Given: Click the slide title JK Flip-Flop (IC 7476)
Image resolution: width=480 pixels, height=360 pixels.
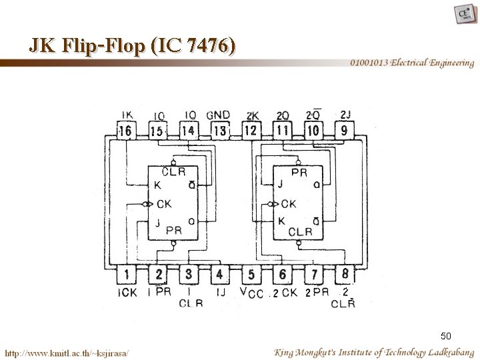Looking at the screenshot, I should coord(132,45).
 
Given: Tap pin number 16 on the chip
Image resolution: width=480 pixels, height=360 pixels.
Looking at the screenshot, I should coord(125,131).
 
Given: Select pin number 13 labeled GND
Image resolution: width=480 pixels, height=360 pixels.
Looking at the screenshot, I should coord(219,131).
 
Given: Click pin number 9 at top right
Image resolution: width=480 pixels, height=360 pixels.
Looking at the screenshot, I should coord(344,131).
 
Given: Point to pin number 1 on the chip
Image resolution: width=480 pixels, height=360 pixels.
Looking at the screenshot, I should coord(126,274).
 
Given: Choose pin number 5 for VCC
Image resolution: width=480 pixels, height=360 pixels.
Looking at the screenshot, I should coord(251,274).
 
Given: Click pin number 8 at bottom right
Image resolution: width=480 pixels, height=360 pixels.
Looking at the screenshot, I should coord(344,274).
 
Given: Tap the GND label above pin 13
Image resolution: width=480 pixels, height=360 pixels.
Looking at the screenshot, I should coord(218,115).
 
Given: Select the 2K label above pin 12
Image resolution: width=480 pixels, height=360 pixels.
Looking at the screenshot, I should coord(253,115).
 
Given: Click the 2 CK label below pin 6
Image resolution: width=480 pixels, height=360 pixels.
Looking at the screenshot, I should coord(285,292).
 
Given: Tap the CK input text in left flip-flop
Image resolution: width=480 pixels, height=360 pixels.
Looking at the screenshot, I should coord(164,204).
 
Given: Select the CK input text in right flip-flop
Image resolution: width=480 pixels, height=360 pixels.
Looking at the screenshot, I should coord(289,204).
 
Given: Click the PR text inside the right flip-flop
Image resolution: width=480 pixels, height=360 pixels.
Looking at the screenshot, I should coord(299,173).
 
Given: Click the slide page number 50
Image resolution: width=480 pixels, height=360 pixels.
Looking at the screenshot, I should coord(446,335).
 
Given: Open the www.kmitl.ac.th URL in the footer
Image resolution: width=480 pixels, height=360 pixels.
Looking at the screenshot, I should coord(67,351).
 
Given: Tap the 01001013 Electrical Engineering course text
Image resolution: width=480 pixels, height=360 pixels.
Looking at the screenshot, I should coord(413,63).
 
